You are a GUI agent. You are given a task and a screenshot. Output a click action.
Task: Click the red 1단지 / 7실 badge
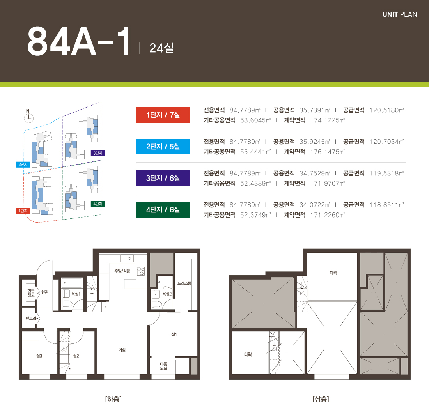[x=163, y=115]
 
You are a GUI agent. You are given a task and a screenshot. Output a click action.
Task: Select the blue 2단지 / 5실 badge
[x=163, y=147]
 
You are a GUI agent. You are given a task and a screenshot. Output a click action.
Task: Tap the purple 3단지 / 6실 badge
[x=163, y=178]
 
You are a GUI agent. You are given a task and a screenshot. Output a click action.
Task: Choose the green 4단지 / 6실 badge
[x=163, y=210]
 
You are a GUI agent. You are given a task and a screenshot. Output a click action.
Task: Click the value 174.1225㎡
[x=327, y=120]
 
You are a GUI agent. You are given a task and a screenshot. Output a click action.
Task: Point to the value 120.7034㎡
[x=386, y=142]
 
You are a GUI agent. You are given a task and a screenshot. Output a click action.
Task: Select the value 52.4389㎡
[x=255, y=184]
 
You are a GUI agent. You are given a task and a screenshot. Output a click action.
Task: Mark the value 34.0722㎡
[x=315, y=205]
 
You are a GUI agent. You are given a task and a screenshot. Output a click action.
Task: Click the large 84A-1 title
[x=78, y=42]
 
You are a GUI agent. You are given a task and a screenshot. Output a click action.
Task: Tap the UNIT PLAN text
[x=400, y=14]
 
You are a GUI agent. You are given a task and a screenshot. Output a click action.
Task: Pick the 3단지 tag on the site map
[x=97, y=153]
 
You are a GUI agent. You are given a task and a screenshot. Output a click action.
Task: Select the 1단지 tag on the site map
[x=23, y=211]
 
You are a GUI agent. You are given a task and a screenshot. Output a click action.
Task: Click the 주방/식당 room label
[x=122, y=271]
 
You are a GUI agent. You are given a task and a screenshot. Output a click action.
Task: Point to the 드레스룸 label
[x=184, y=283]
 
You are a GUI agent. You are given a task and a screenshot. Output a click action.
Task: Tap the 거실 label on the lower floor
[x=122, y=350]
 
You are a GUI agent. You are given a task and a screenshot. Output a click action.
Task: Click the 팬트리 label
[x=31, y=319]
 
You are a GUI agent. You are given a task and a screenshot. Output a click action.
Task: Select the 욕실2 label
[x=167, y=294]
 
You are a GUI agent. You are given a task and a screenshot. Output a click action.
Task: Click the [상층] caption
[x=321, y=399]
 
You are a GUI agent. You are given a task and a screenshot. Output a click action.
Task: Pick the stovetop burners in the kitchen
[x=141, y=271]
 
